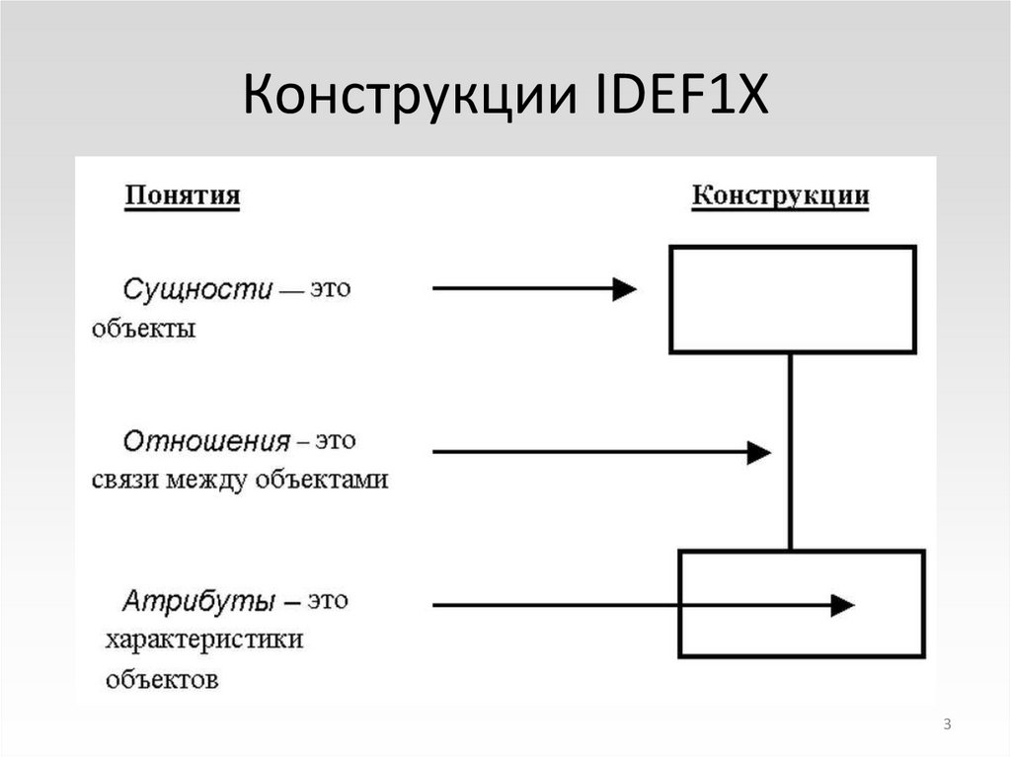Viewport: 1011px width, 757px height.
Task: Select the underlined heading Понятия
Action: tap(182, 195)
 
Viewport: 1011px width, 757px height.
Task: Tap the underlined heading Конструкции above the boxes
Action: tap(780, 195)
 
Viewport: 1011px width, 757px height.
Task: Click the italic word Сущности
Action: tap(196, 290)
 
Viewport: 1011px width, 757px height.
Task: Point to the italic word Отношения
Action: tap(206, 440)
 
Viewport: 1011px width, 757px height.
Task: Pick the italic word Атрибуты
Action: tap(197, 599)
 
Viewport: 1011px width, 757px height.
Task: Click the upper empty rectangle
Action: tap(792, 299)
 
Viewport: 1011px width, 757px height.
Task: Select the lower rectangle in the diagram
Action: tap(801, 603)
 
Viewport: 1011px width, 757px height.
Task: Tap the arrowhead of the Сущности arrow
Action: tap(624, 289)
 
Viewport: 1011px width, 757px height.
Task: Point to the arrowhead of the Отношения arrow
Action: tap(758, 452)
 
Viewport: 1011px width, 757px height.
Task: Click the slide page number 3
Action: tap(947, 726)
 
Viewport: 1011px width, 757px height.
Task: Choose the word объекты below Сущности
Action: tap(144, 329)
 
